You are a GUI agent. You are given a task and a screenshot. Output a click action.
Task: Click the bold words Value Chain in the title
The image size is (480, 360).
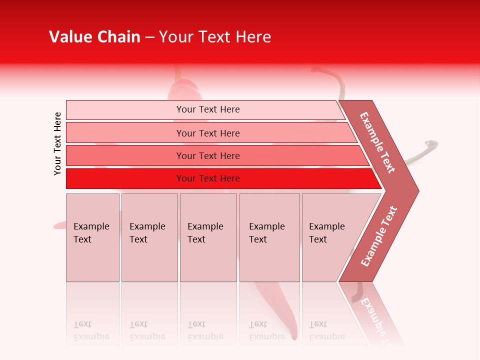pyautogui.click(x=94, y=37)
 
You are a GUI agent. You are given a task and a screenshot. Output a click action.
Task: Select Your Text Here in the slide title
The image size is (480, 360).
pyautogui.click(x=215, y=37)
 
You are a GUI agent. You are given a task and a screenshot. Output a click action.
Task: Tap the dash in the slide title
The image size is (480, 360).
pyautogui.click(x=149, y=37)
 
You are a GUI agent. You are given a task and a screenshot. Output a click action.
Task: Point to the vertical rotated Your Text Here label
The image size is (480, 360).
pyautogui.click(x=57, y=143)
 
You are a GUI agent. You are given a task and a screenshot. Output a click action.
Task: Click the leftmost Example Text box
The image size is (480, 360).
pyautogui.click(x=92, y=237)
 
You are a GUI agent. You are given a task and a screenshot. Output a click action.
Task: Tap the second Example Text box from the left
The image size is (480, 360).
pyautogui.click(x=149, y=237)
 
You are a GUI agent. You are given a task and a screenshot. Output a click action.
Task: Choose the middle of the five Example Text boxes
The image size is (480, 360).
pyautogui.click(x=208, y=237)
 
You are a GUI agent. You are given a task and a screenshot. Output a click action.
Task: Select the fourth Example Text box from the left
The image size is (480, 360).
pyautogui.click(x=269, y=237)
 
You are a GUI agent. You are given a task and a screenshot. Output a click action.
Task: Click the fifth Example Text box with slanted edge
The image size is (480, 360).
pyautogui.click(x=330, y=237)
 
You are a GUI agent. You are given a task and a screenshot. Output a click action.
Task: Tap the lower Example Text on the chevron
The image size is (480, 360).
pyautogui.click(x=379, y=236)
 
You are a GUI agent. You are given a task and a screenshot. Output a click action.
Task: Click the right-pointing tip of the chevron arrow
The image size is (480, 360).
pyautogui.click(x=416, y=190)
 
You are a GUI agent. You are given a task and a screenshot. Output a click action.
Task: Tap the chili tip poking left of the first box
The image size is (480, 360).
pyautogui.click(x=58, y=225)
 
